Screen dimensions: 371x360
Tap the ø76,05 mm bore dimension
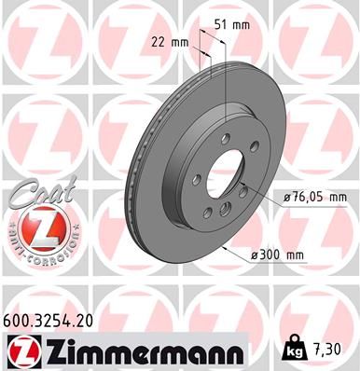314,197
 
